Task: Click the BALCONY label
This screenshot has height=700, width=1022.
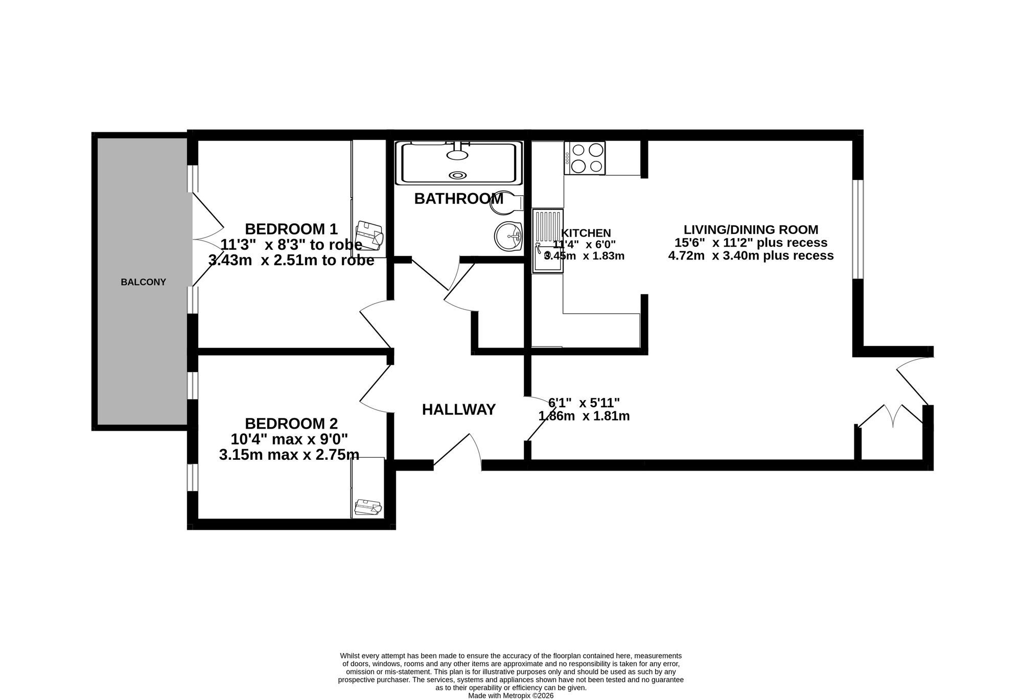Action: click(143, 282)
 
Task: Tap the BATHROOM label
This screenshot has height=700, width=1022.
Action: click(459, 199)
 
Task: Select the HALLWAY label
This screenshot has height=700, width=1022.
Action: click(459, 410)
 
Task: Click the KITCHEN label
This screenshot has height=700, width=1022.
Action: click(586, 233)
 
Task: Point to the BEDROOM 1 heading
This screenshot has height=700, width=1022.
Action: click(291, 228)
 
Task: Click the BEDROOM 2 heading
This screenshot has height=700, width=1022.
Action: click(291, 424)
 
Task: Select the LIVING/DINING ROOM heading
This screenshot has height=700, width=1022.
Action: click(751, 229)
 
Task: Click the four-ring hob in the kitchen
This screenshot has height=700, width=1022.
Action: click(585, 158)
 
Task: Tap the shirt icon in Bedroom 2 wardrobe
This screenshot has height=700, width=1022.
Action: click(368, 507)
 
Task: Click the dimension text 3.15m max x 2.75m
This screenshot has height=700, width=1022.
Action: click(289, 455)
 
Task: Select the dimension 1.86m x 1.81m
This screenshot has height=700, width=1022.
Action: click(584, 416)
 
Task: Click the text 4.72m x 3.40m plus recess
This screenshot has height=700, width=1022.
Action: click(751, 255)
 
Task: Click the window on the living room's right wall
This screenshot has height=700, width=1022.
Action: click(858, 229)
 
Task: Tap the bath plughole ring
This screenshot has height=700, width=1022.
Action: click(457, 175)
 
